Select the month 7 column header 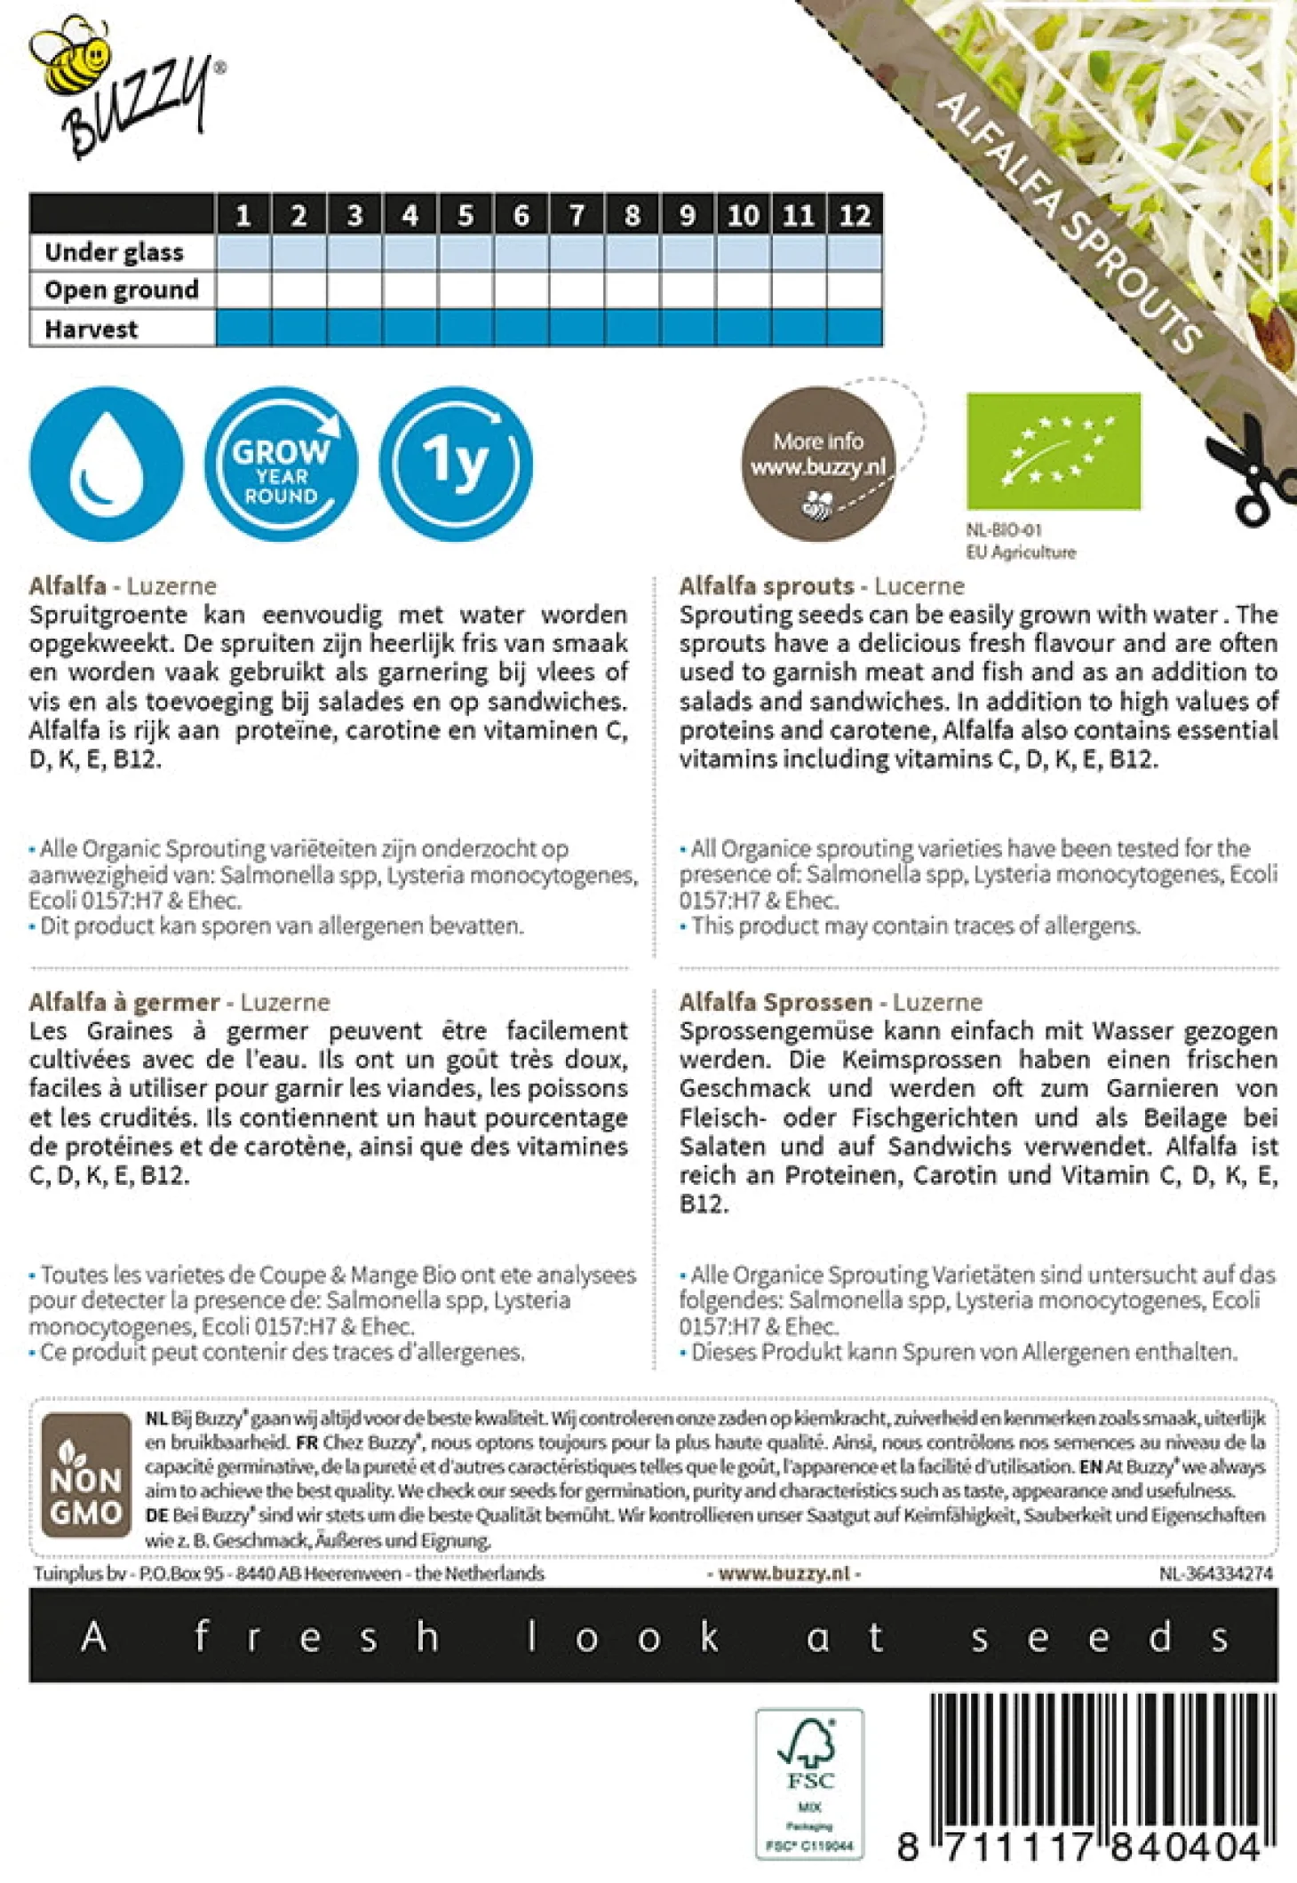(577, 215)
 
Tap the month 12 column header (855, 215)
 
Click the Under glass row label (115, 252)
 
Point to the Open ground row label (122, 290)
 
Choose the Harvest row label (92, 329)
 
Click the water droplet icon (107, 464)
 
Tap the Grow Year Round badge (281, 464)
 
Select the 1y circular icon (456, 464)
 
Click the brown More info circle (818, 464)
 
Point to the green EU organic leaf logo (1054, 451)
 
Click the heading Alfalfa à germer (124, 1002)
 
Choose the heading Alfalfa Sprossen (776, 1002)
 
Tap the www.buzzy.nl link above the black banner (784, 1573)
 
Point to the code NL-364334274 (1215, 1573)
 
